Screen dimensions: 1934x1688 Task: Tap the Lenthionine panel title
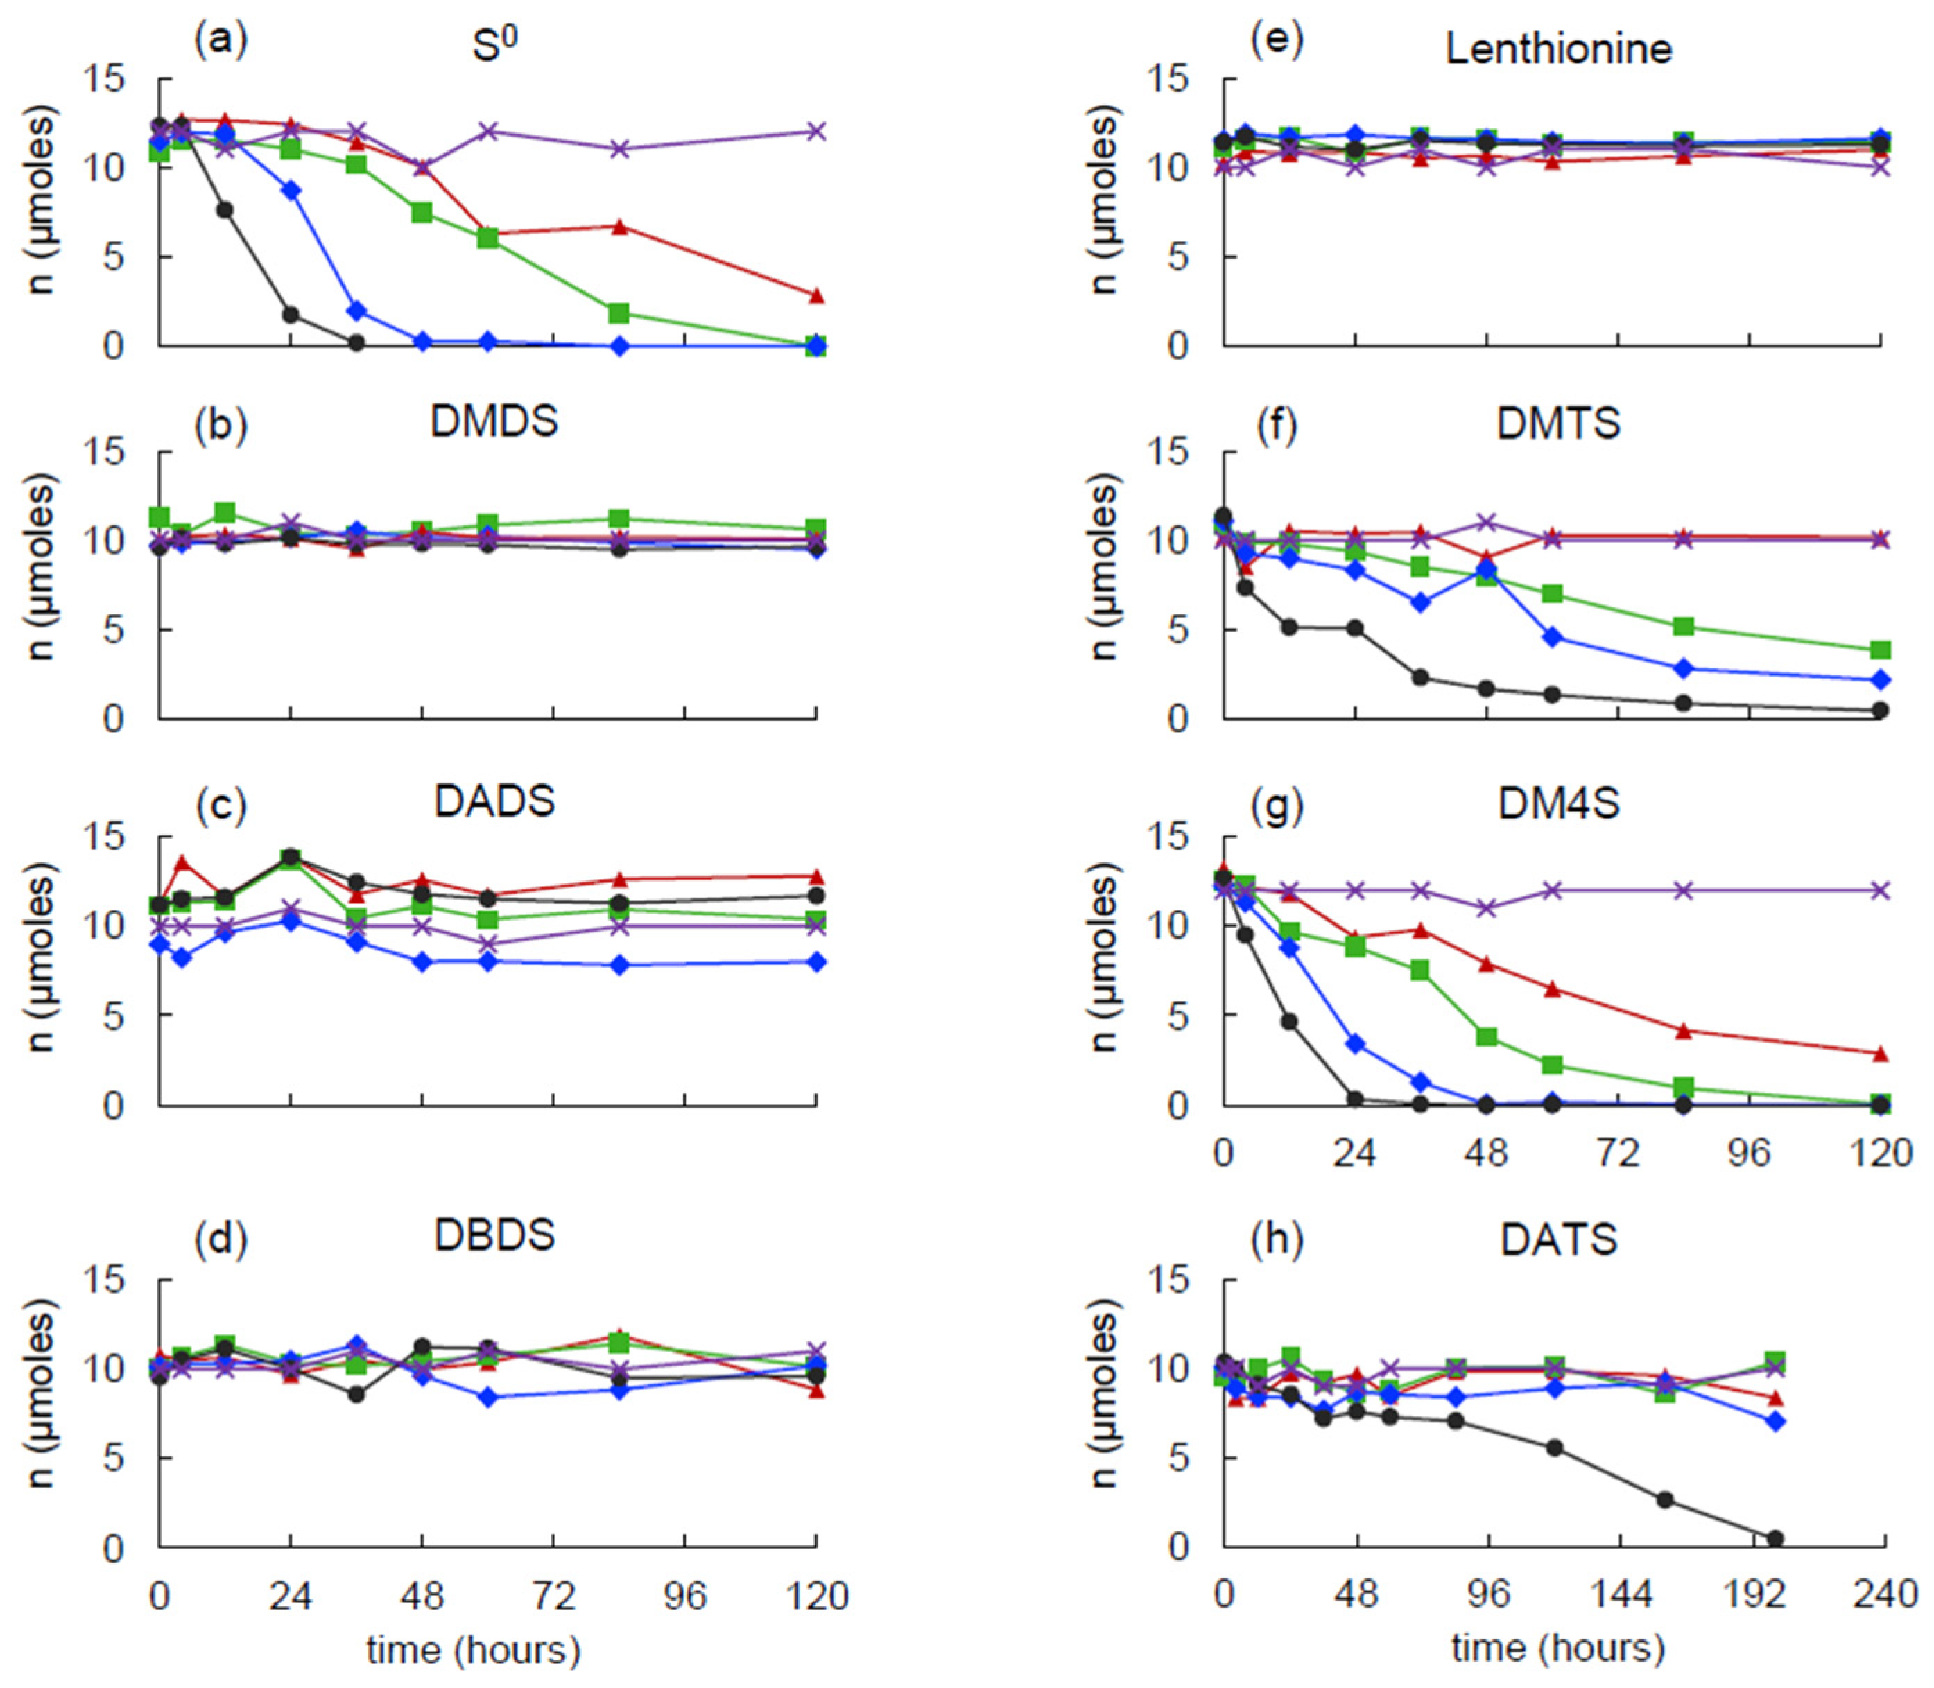(x=1559, y=49)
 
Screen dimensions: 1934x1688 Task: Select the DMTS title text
(x=1559, y=423)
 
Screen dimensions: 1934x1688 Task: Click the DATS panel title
(x=1559, y=1239)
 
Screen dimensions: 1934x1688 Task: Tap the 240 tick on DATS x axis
(x=1884, y=1594)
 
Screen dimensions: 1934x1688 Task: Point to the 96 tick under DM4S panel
(x=1750, y=1152)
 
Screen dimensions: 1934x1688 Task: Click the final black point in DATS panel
(x=1775, y=1538)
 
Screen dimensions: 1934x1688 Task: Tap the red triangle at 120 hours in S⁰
(x=817, y=295)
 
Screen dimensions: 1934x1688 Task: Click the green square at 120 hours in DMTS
(x=1881, y=650)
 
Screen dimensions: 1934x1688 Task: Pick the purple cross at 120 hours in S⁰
(x=817, y=131)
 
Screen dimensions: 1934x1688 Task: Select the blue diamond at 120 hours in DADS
(x=817, y=962)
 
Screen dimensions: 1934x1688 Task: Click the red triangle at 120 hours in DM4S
(x=1881, y=1053)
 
